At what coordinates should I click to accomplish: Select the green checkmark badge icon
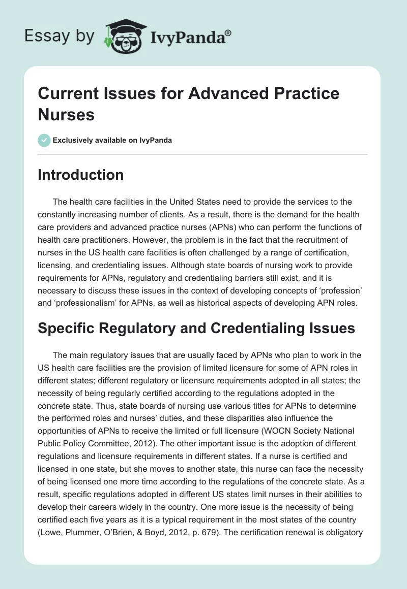click(x=44, y=140)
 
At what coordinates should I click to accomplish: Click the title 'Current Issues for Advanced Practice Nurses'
click(x=188, y=104)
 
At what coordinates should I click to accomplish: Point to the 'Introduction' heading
click(x=81, y=175)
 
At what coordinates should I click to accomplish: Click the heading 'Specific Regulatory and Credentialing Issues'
click(x=196, y=328)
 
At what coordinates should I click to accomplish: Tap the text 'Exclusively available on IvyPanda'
click(x=112, y=140)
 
